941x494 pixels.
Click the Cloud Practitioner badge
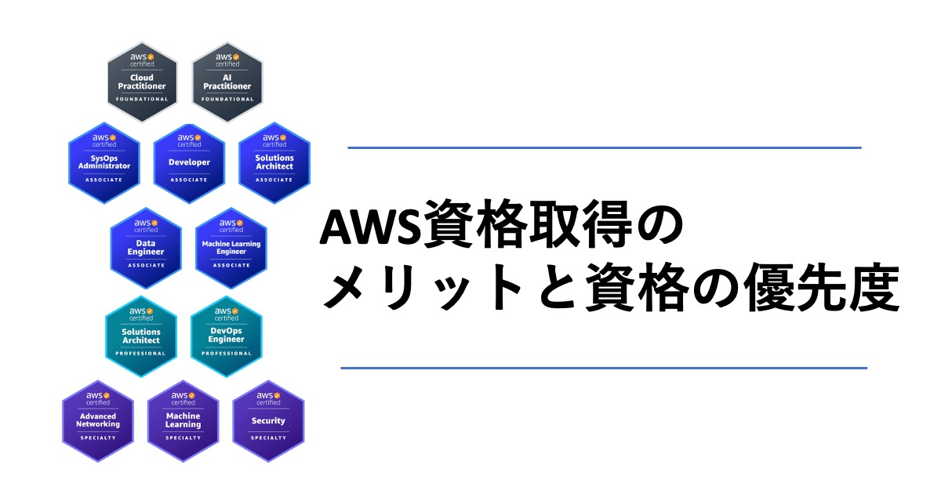coord(142,82)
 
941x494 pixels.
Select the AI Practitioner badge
coord(227,82)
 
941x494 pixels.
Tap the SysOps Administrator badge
coord(104,163)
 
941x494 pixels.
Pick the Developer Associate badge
coord(189,163)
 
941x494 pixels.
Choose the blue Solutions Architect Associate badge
coord(274,163)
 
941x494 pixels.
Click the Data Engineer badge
coord(146,249)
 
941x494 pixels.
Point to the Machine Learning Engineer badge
coord(231,249)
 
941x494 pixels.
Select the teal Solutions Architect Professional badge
coord(141,336)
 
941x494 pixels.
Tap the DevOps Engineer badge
coord(227,336)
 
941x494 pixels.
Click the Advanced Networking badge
coord(98,421)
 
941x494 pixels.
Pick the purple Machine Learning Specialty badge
coord(183,421)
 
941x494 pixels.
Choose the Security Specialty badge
coord(268,421)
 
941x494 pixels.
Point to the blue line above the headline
coord(605,148)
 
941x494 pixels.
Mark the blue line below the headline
coord(604,368)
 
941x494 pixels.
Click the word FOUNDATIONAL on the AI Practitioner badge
coord(227,100)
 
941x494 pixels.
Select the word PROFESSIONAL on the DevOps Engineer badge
coord(227,354)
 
